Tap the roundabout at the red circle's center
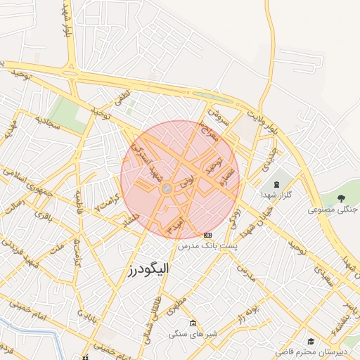tap(167, 188)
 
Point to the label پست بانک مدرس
tap(207, 247)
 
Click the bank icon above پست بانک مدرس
tap(207, 235)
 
